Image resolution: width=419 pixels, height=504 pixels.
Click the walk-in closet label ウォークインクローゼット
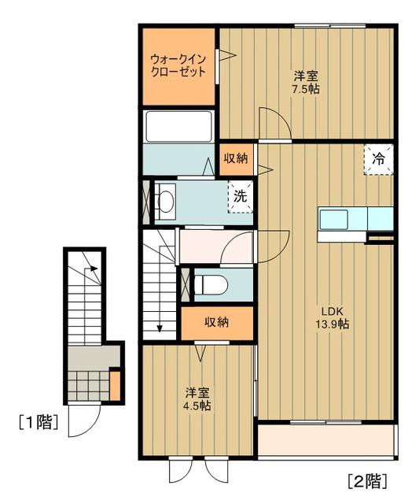178,65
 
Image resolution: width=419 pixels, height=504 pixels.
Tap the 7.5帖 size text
307,89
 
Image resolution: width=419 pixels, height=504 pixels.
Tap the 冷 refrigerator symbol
379,158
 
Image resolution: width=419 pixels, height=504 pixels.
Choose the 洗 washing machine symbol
241,196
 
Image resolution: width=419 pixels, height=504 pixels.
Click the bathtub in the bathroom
178,125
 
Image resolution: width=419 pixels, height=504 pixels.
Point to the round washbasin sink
166,202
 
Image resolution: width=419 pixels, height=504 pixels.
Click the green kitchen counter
355,217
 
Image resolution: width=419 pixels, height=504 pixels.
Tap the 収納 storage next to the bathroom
236,158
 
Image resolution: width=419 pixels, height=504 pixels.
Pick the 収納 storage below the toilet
217,321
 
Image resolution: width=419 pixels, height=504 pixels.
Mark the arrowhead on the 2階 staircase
160,330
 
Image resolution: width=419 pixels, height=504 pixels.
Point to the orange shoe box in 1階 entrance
115,385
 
